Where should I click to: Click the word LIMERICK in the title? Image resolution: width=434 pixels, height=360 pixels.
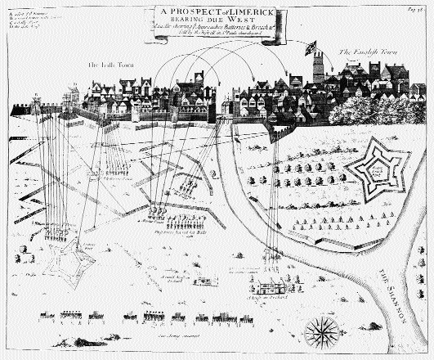[259, 12]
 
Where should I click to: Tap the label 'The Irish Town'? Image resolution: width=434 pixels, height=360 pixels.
[110, 63]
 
